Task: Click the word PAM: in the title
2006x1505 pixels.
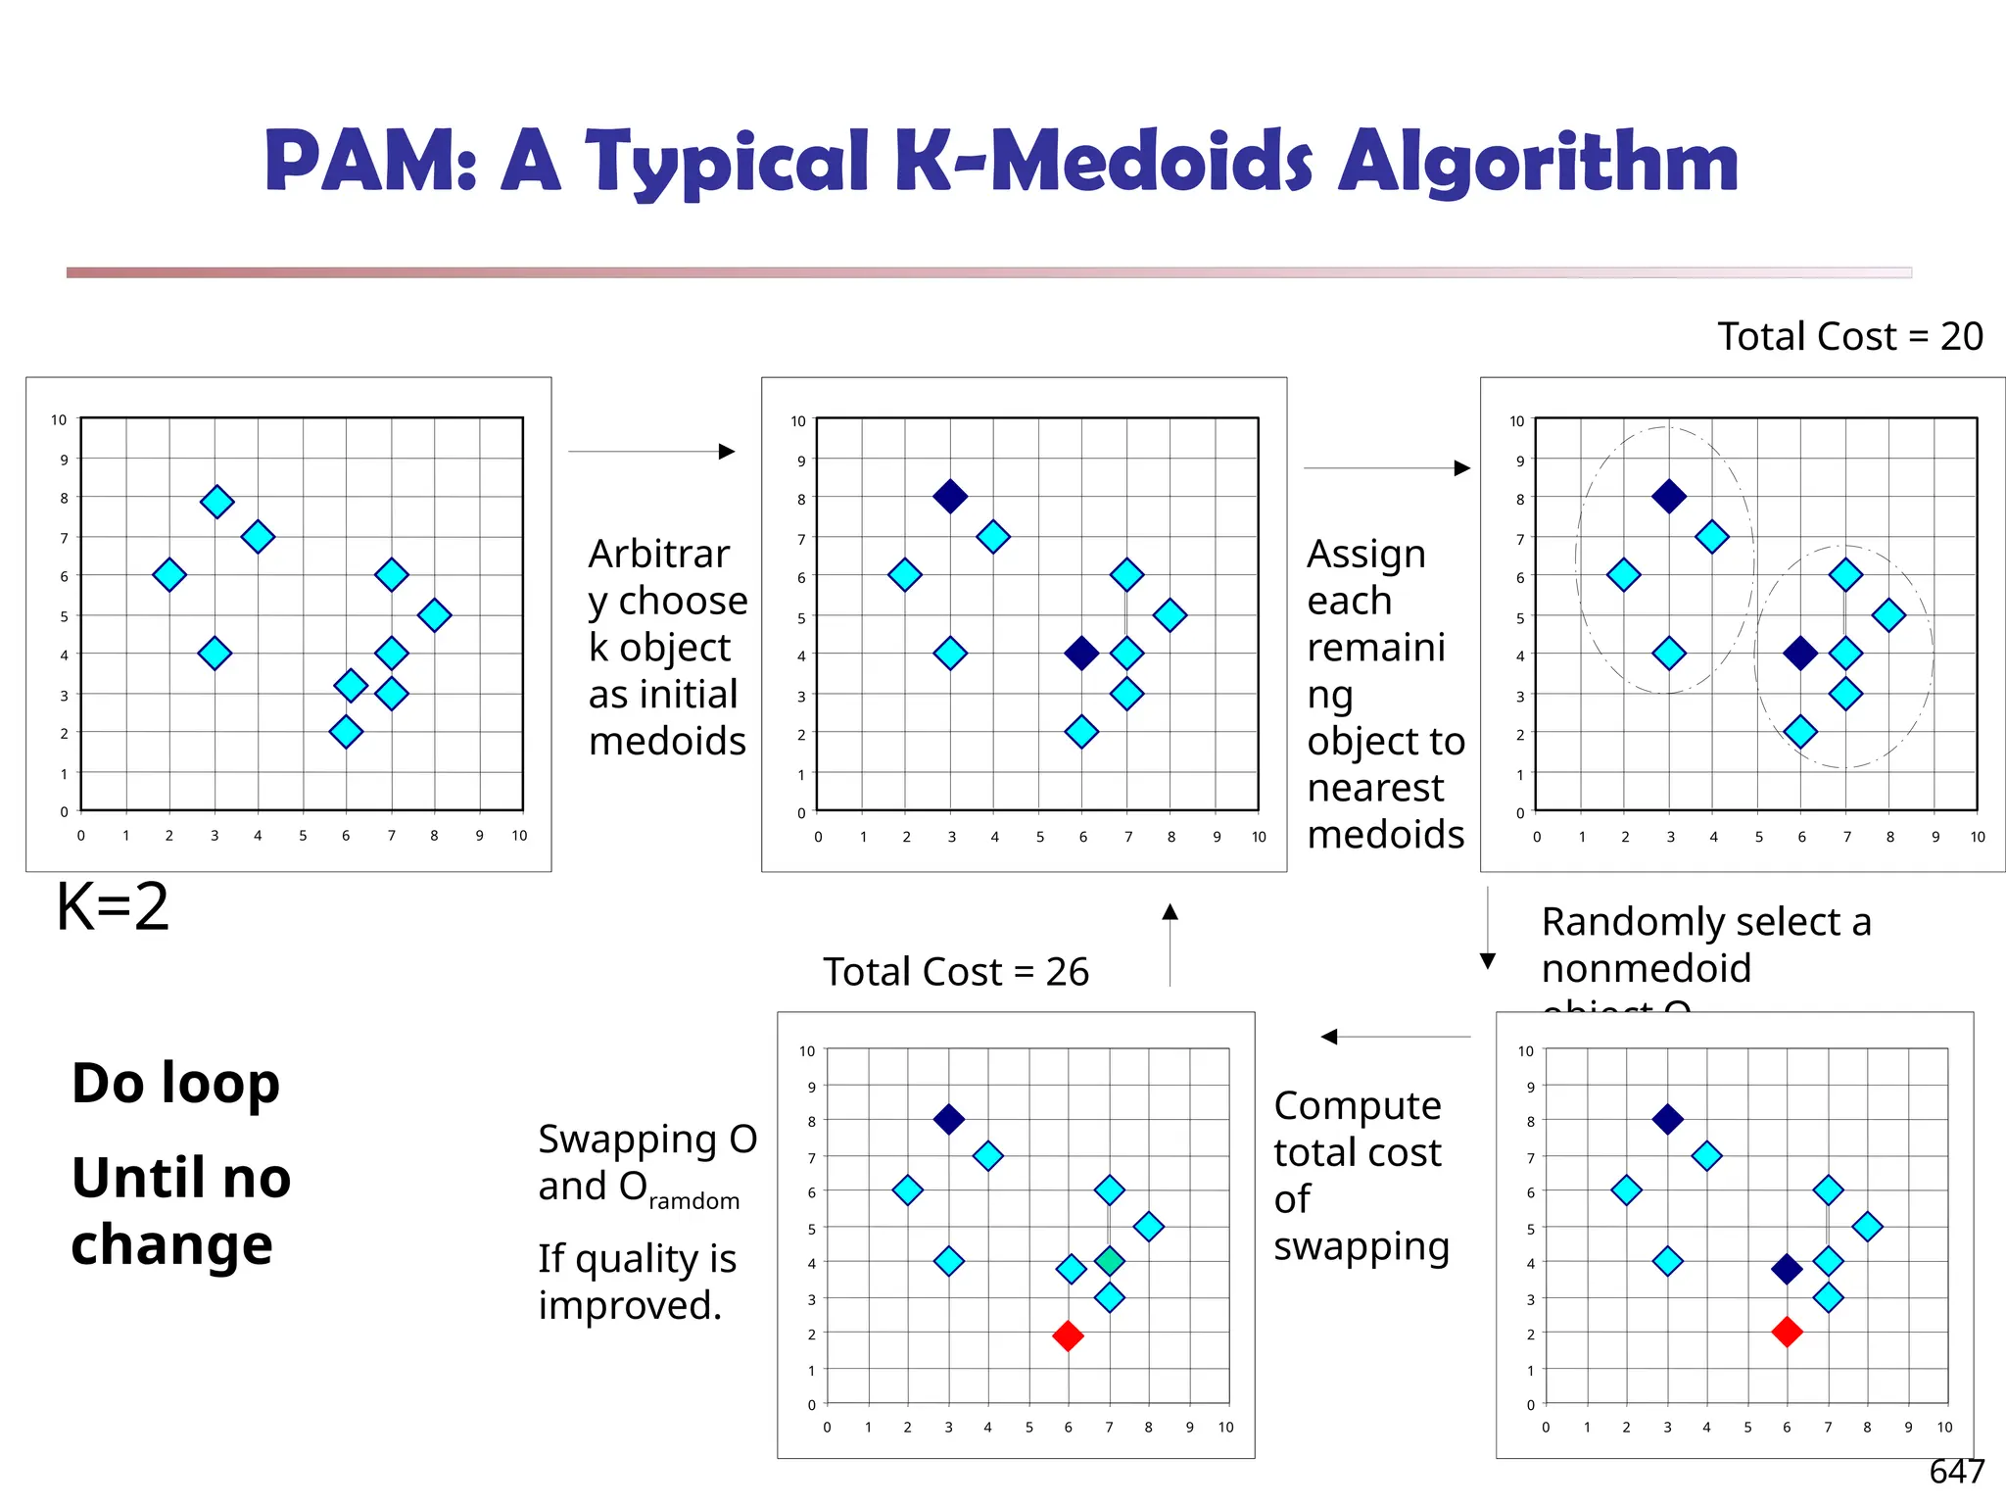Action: pos(370,162)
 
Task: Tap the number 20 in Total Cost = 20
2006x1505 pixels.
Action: pos(1961,337)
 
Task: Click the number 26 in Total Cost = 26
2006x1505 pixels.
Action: pos(1067,972)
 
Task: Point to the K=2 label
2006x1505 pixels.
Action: pos(113,906)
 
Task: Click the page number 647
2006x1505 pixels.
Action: pos(1956,1471)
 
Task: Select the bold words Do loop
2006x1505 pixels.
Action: pos(176,1084)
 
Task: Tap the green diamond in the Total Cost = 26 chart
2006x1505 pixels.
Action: pos(1109,1261)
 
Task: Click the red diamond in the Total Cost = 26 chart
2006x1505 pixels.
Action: pos(1068,1335)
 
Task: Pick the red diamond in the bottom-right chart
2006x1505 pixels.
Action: pos(1787,1332)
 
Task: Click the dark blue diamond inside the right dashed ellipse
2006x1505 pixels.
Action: pos(1800,653)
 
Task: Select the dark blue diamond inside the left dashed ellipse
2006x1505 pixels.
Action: pos(1669,497)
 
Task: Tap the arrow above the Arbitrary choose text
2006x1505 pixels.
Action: pos(651,452)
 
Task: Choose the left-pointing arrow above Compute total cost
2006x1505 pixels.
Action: pos(1395,1037)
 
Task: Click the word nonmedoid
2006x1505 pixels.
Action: pos(1646,969)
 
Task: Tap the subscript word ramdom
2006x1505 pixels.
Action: pos(693,1201)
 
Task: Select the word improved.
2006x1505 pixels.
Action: pos(630,1306)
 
